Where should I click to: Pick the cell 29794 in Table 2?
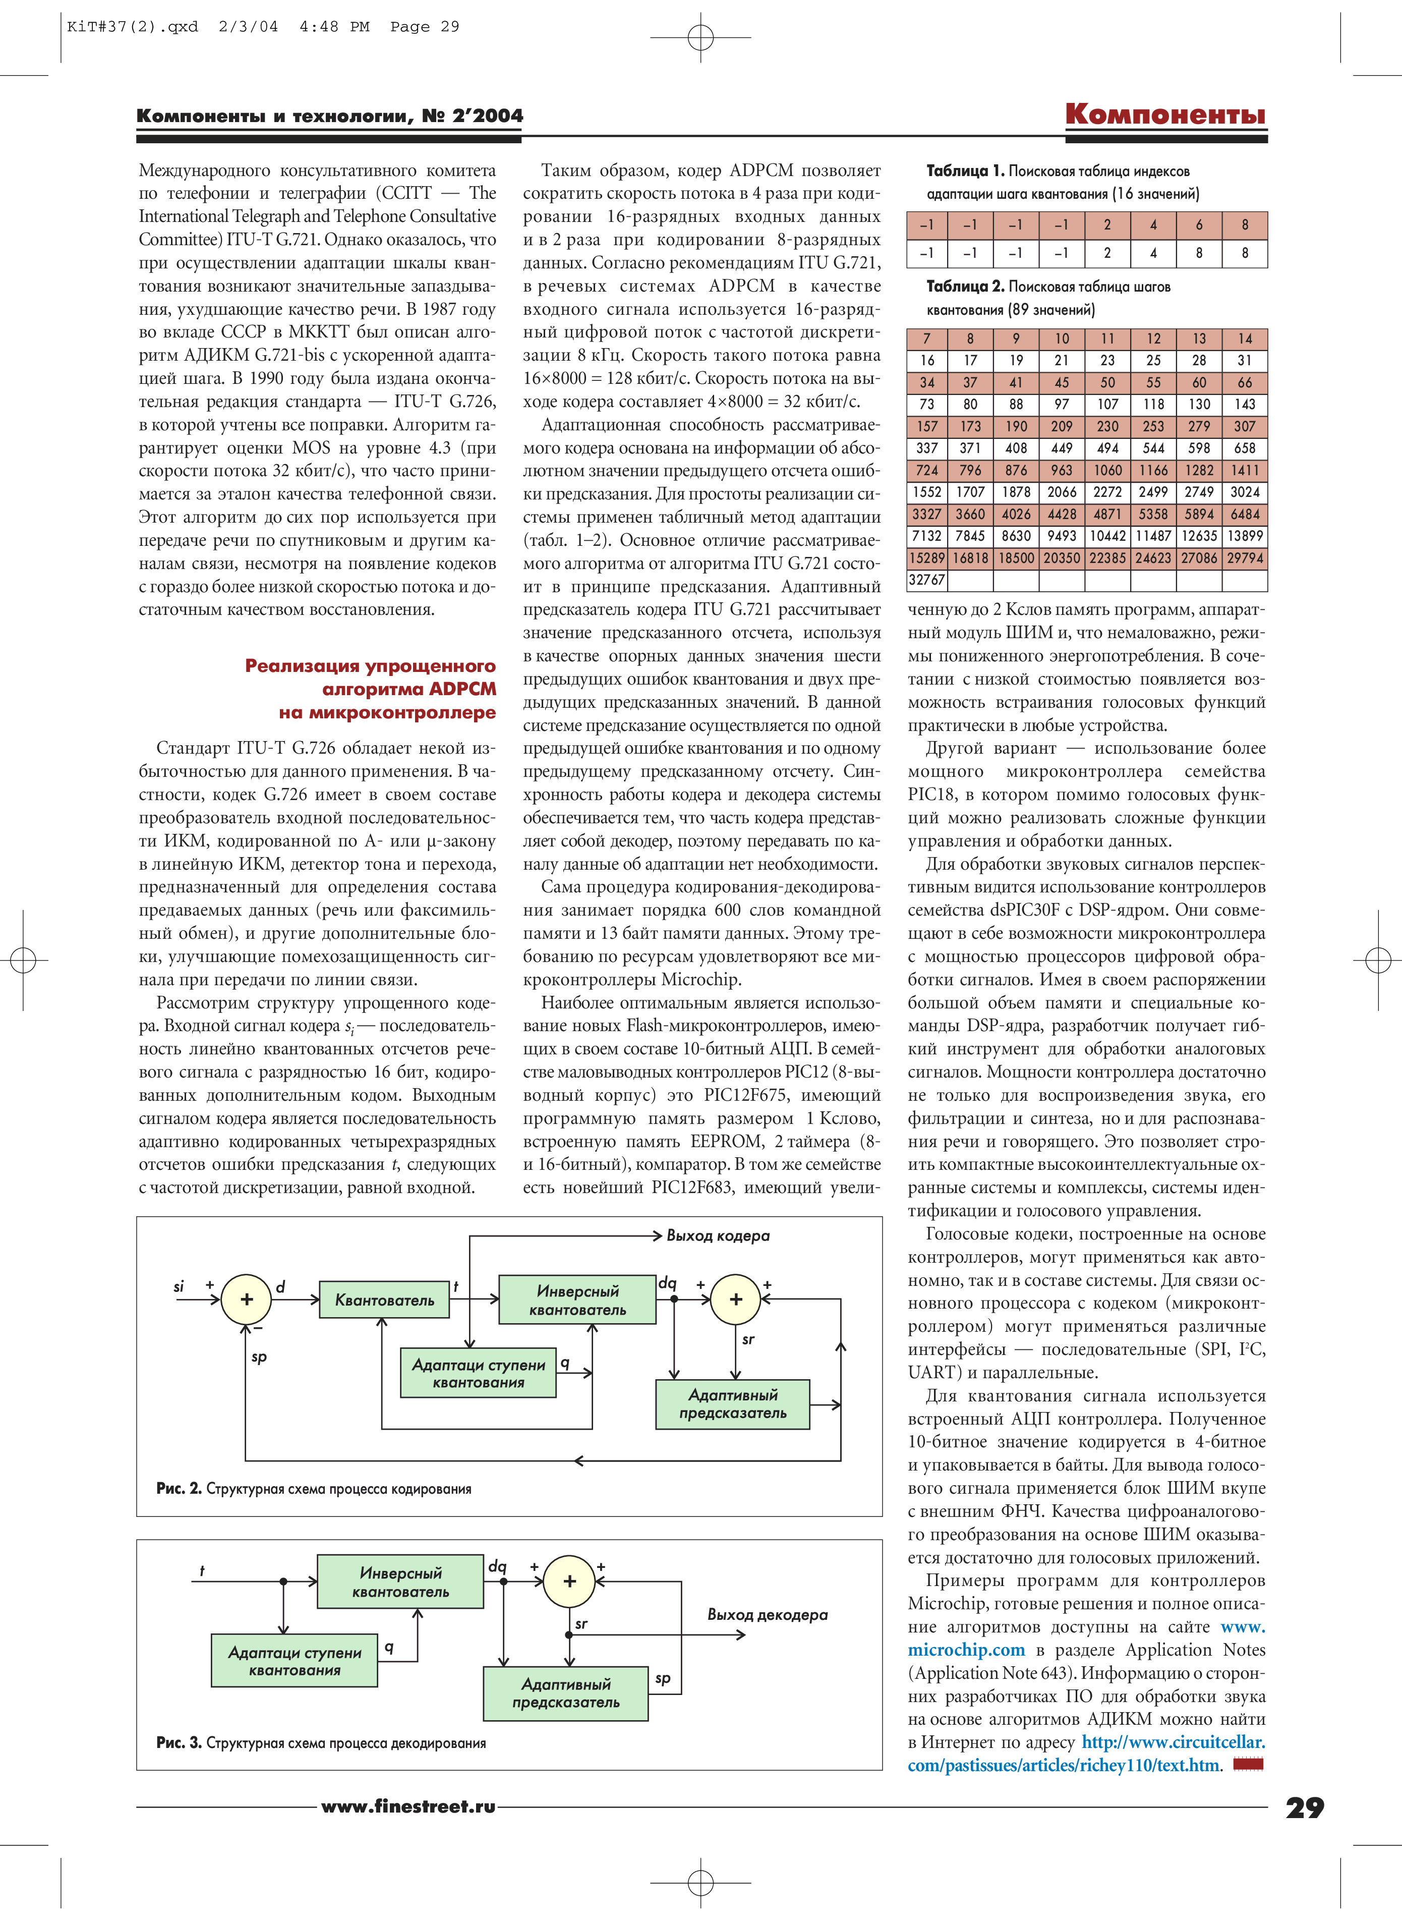pyautogui.click(x=1244, y=558)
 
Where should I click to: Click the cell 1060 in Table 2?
pyautogui.click(x=1107, y=470)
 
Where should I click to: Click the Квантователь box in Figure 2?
pyautogui.click(x=384, y=1299)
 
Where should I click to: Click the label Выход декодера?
pyautogui.click(x=767, y=1615)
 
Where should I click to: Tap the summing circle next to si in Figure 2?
pyautogui.click(x=246, y=1299)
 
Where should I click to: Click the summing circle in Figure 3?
pyautogui.click(x=569, y=1580)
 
